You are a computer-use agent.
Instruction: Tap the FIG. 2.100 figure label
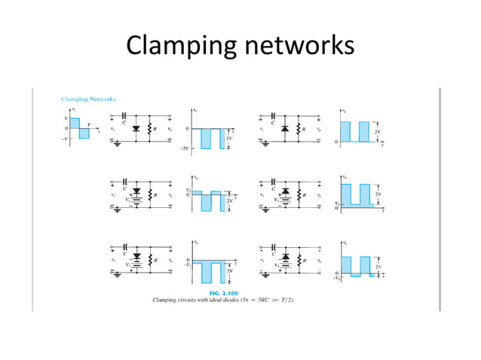click(223, 292)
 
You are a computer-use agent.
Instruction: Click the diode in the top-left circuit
click(136, 129)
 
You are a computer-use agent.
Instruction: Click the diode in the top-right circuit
click(284, 129)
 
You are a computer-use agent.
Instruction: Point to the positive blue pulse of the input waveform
click(75, 123)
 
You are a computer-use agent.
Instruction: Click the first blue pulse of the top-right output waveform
click(345, 132)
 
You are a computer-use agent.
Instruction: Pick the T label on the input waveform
click(88, 124)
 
